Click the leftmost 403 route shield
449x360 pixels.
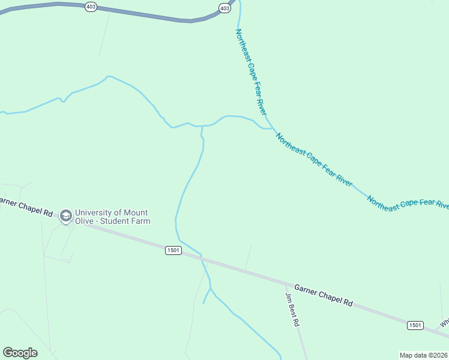pos(91,7)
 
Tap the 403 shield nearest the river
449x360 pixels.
pos(224,8)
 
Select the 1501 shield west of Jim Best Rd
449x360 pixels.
pos(173,250)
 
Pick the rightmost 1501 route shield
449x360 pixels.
pos(415,325)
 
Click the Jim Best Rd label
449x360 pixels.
pos(292,310)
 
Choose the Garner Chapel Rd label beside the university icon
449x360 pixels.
pos(27,207)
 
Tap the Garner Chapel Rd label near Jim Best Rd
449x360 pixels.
pos(323,295)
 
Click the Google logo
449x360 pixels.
pos(20,353)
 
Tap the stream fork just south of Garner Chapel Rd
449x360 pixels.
pos(210,289)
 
